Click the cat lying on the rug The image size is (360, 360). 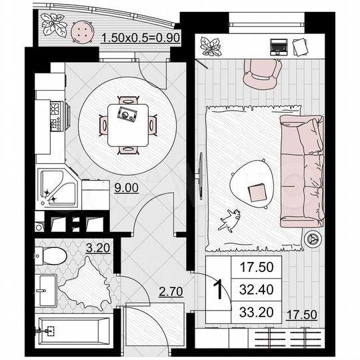pos(231,219)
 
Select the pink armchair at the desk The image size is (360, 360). pos(262,74)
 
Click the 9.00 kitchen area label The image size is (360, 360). pos(127,188)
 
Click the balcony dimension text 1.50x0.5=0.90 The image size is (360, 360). pos(140,39)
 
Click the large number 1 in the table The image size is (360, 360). pos(217,290)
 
